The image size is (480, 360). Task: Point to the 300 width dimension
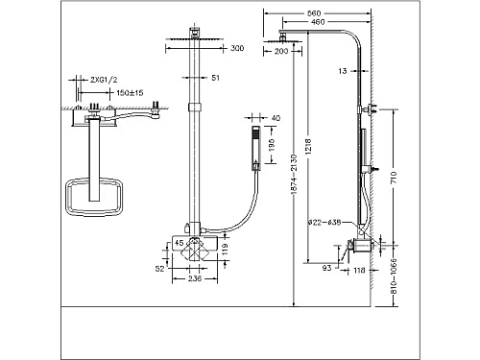pos(237,47)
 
